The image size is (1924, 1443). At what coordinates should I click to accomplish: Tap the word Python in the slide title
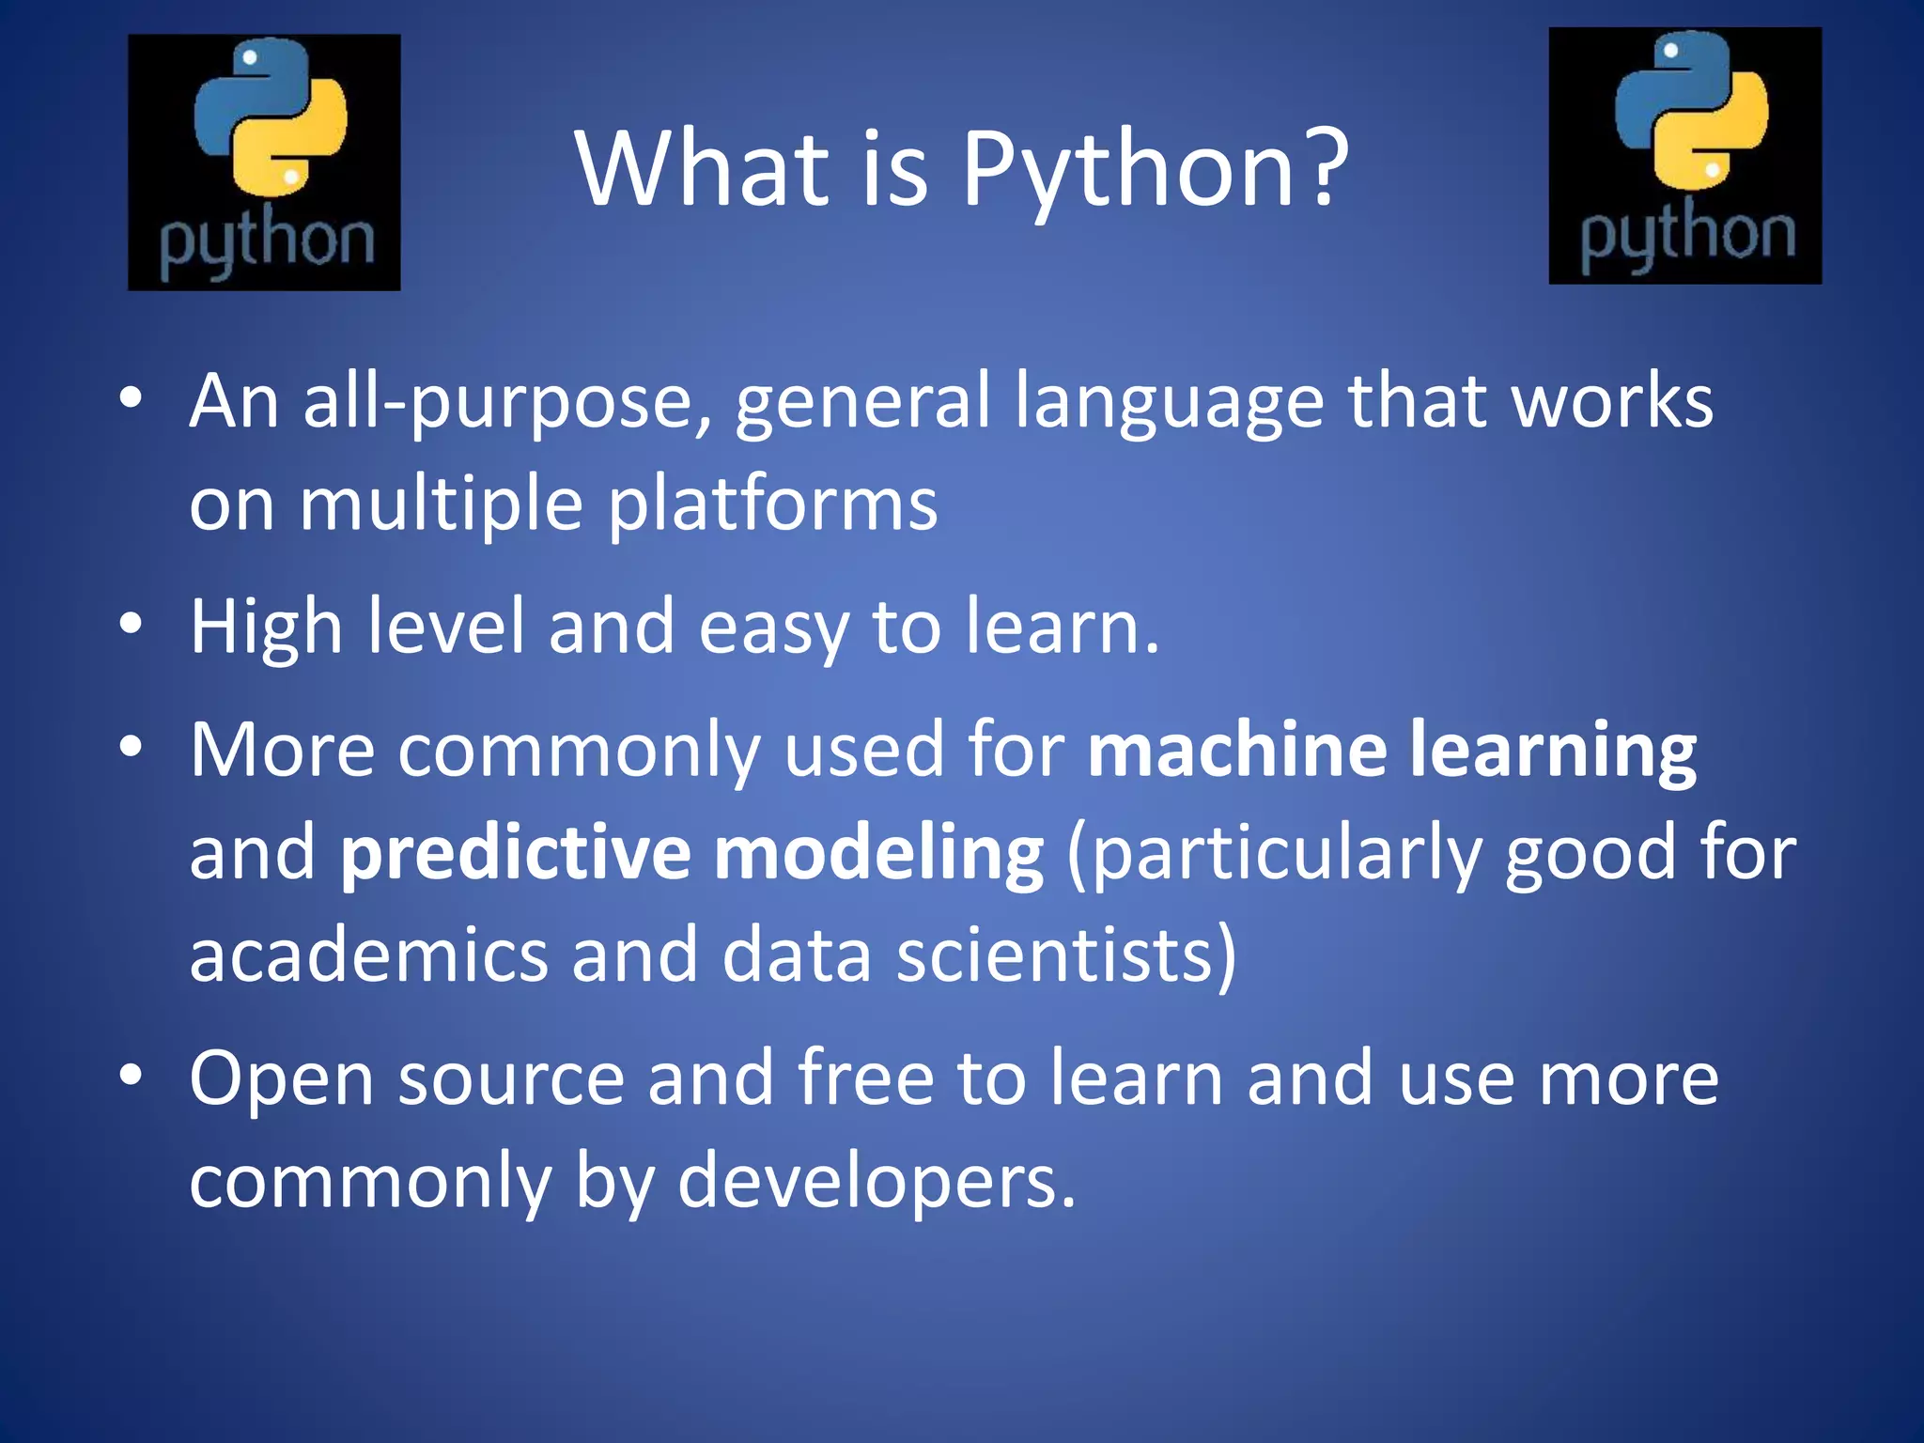point(1127,169)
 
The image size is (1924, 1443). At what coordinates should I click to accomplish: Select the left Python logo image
point(264,163)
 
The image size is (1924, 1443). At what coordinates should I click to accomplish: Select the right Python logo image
point(1684,156)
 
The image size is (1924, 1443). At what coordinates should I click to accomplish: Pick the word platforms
point(772,504)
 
